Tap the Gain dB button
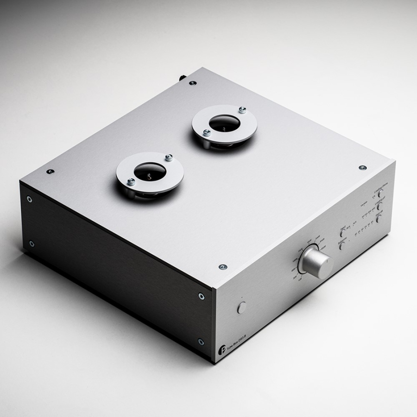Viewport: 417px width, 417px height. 379,218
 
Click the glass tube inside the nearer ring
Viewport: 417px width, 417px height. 148,173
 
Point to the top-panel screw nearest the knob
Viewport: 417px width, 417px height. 223,267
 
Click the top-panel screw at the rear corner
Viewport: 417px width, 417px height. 193,83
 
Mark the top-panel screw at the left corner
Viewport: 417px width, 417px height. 51,171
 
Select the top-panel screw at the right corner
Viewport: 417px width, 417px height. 362,167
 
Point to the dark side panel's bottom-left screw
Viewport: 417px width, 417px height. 31,243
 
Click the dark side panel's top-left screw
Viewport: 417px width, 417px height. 29,199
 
